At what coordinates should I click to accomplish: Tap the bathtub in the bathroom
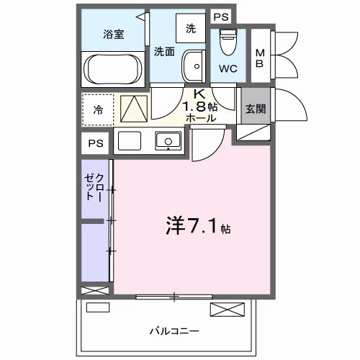[x=112, y=71]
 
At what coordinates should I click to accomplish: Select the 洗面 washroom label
[x=164, y=51]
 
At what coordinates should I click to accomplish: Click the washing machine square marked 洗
[x=190, y=29]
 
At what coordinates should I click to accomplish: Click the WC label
[x=229, y=70]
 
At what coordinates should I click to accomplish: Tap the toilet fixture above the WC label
[x=228, y=41]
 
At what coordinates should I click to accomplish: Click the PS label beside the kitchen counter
[x=94, y=142]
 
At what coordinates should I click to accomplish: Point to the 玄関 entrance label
[x=255, y=109]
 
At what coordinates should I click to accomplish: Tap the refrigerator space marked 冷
[x=97, y=110]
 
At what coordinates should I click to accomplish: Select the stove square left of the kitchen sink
[x=130, y=140]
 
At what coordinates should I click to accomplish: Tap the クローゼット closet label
[x=94, y=187]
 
